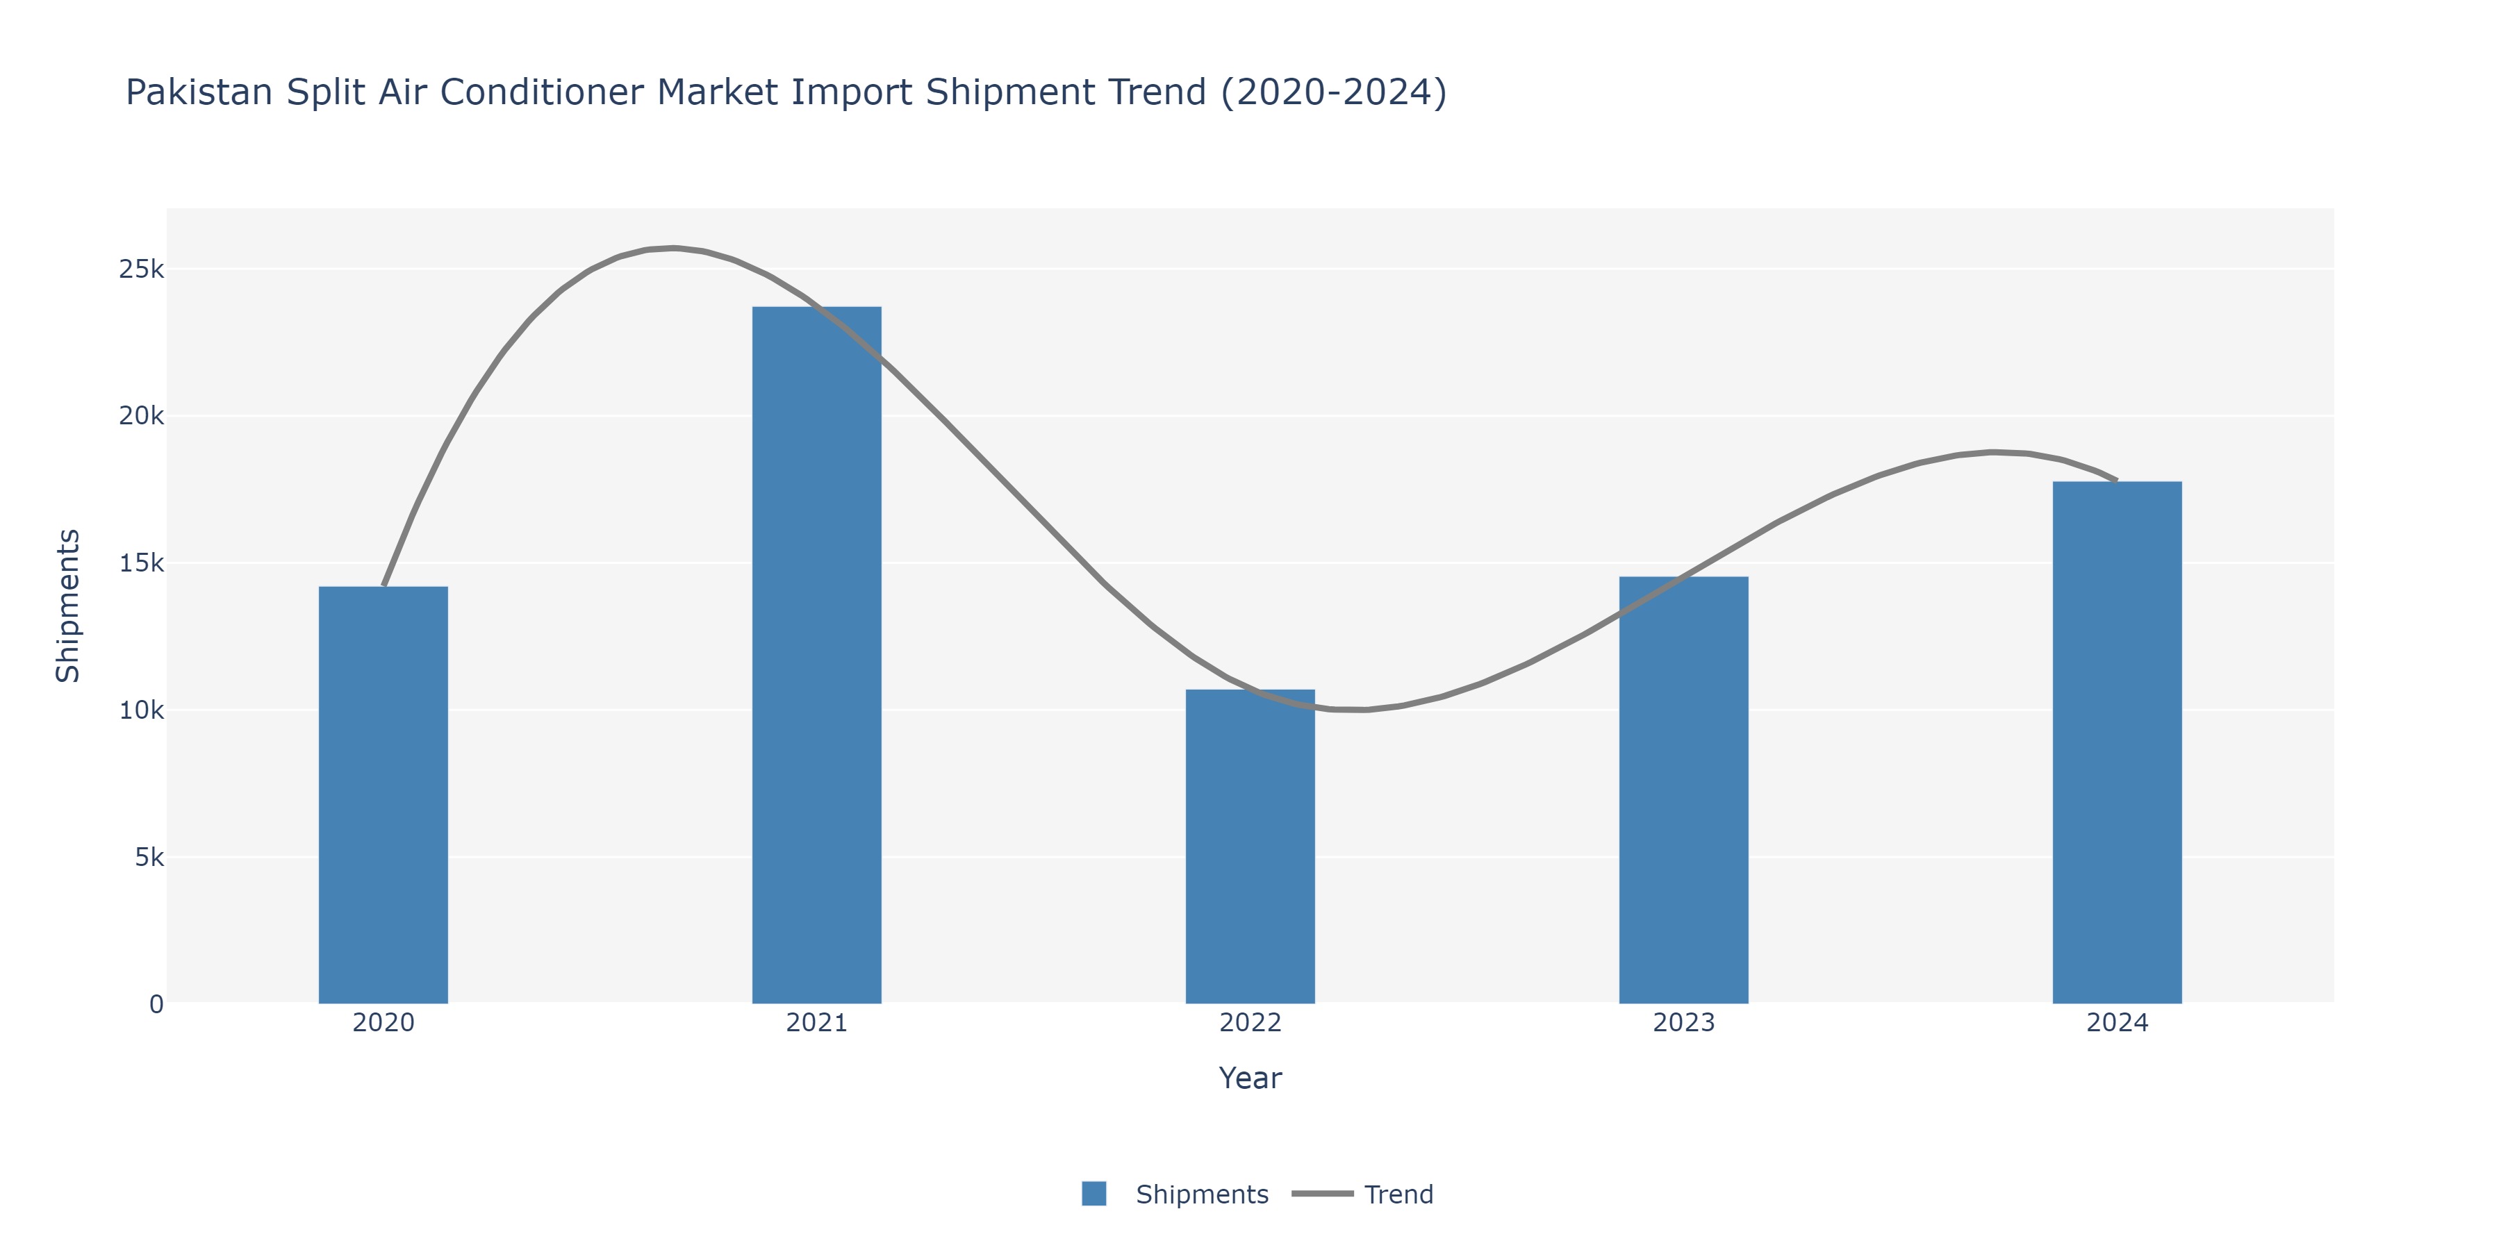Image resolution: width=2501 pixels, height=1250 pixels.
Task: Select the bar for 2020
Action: pos(383,796)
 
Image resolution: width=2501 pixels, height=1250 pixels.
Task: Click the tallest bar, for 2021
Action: pos(816,655)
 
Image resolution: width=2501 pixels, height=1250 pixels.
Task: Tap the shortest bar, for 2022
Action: pos(1250,847)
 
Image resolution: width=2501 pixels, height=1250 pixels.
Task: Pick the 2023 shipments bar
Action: pos(1683,790)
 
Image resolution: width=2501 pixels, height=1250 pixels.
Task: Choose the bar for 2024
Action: pos(2117,742)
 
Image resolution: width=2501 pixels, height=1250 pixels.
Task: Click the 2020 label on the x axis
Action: pos(383,1023)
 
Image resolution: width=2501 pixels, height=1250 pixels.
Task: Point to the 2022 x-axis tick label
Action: pos(1250,1023)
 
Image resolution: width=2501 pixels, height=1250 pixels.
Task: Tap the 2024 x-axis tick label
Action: pos(2117,1023)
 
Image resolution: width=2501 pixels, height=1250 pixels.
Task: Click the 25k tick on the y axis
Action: pos(142,269)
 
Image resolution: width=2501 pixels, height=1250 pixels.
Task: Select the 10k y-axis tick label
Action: pos(142,710)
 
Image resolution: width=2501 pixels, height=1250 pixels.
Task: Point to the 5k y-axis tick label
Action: pos(149,858)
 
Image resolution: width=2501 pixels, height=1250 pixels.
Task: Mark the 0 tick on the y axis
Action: pos(156,1004)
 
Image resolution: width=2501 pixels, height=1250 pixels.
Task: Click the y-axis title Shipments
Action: pos(68,606)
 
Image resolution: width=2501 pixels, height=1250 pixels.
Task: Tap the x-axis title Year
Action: pos(1250,1078)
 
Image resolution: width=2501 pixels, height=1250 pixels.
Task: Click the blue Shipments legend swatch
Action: pos(1094,1194)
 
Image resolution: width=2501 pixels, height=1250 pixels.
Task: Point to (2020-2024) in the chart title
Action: pos(1333,92)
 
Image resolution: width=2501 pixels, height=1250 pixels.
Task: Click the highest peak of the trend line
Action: pos(674,249)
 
